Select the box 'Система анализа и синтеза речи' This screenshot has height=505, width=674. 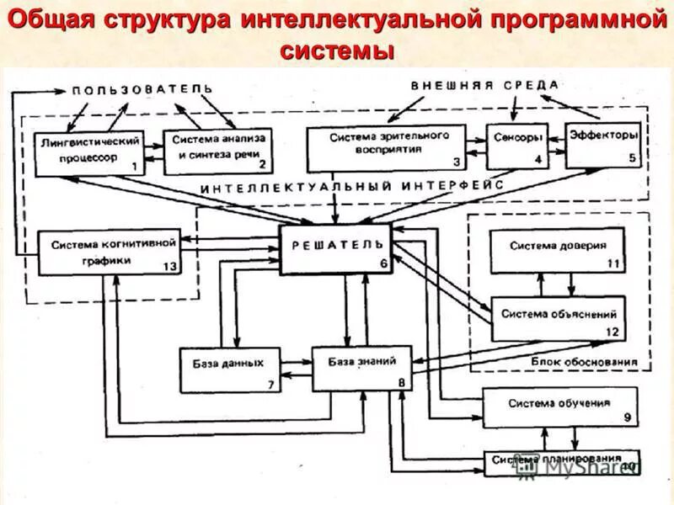click(x=217, y=150)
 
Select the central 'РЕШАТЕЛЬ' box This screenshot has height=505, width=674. click(x=335, y=249)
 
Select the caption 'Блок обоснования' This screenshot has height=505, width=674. click(x=583, y=362)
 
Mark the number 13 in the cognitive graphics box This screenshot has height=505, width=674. click(x=168, y=266)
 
